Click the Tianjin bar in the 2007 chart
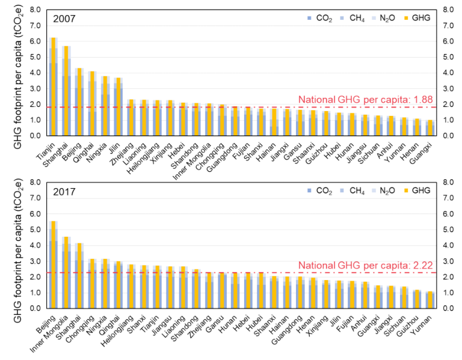point(53,87)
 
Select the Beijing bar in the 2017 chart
point(53,264)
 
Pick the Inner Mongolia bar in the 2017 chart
point(66,273)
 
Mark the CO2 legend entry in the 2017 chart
point(309,191)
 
